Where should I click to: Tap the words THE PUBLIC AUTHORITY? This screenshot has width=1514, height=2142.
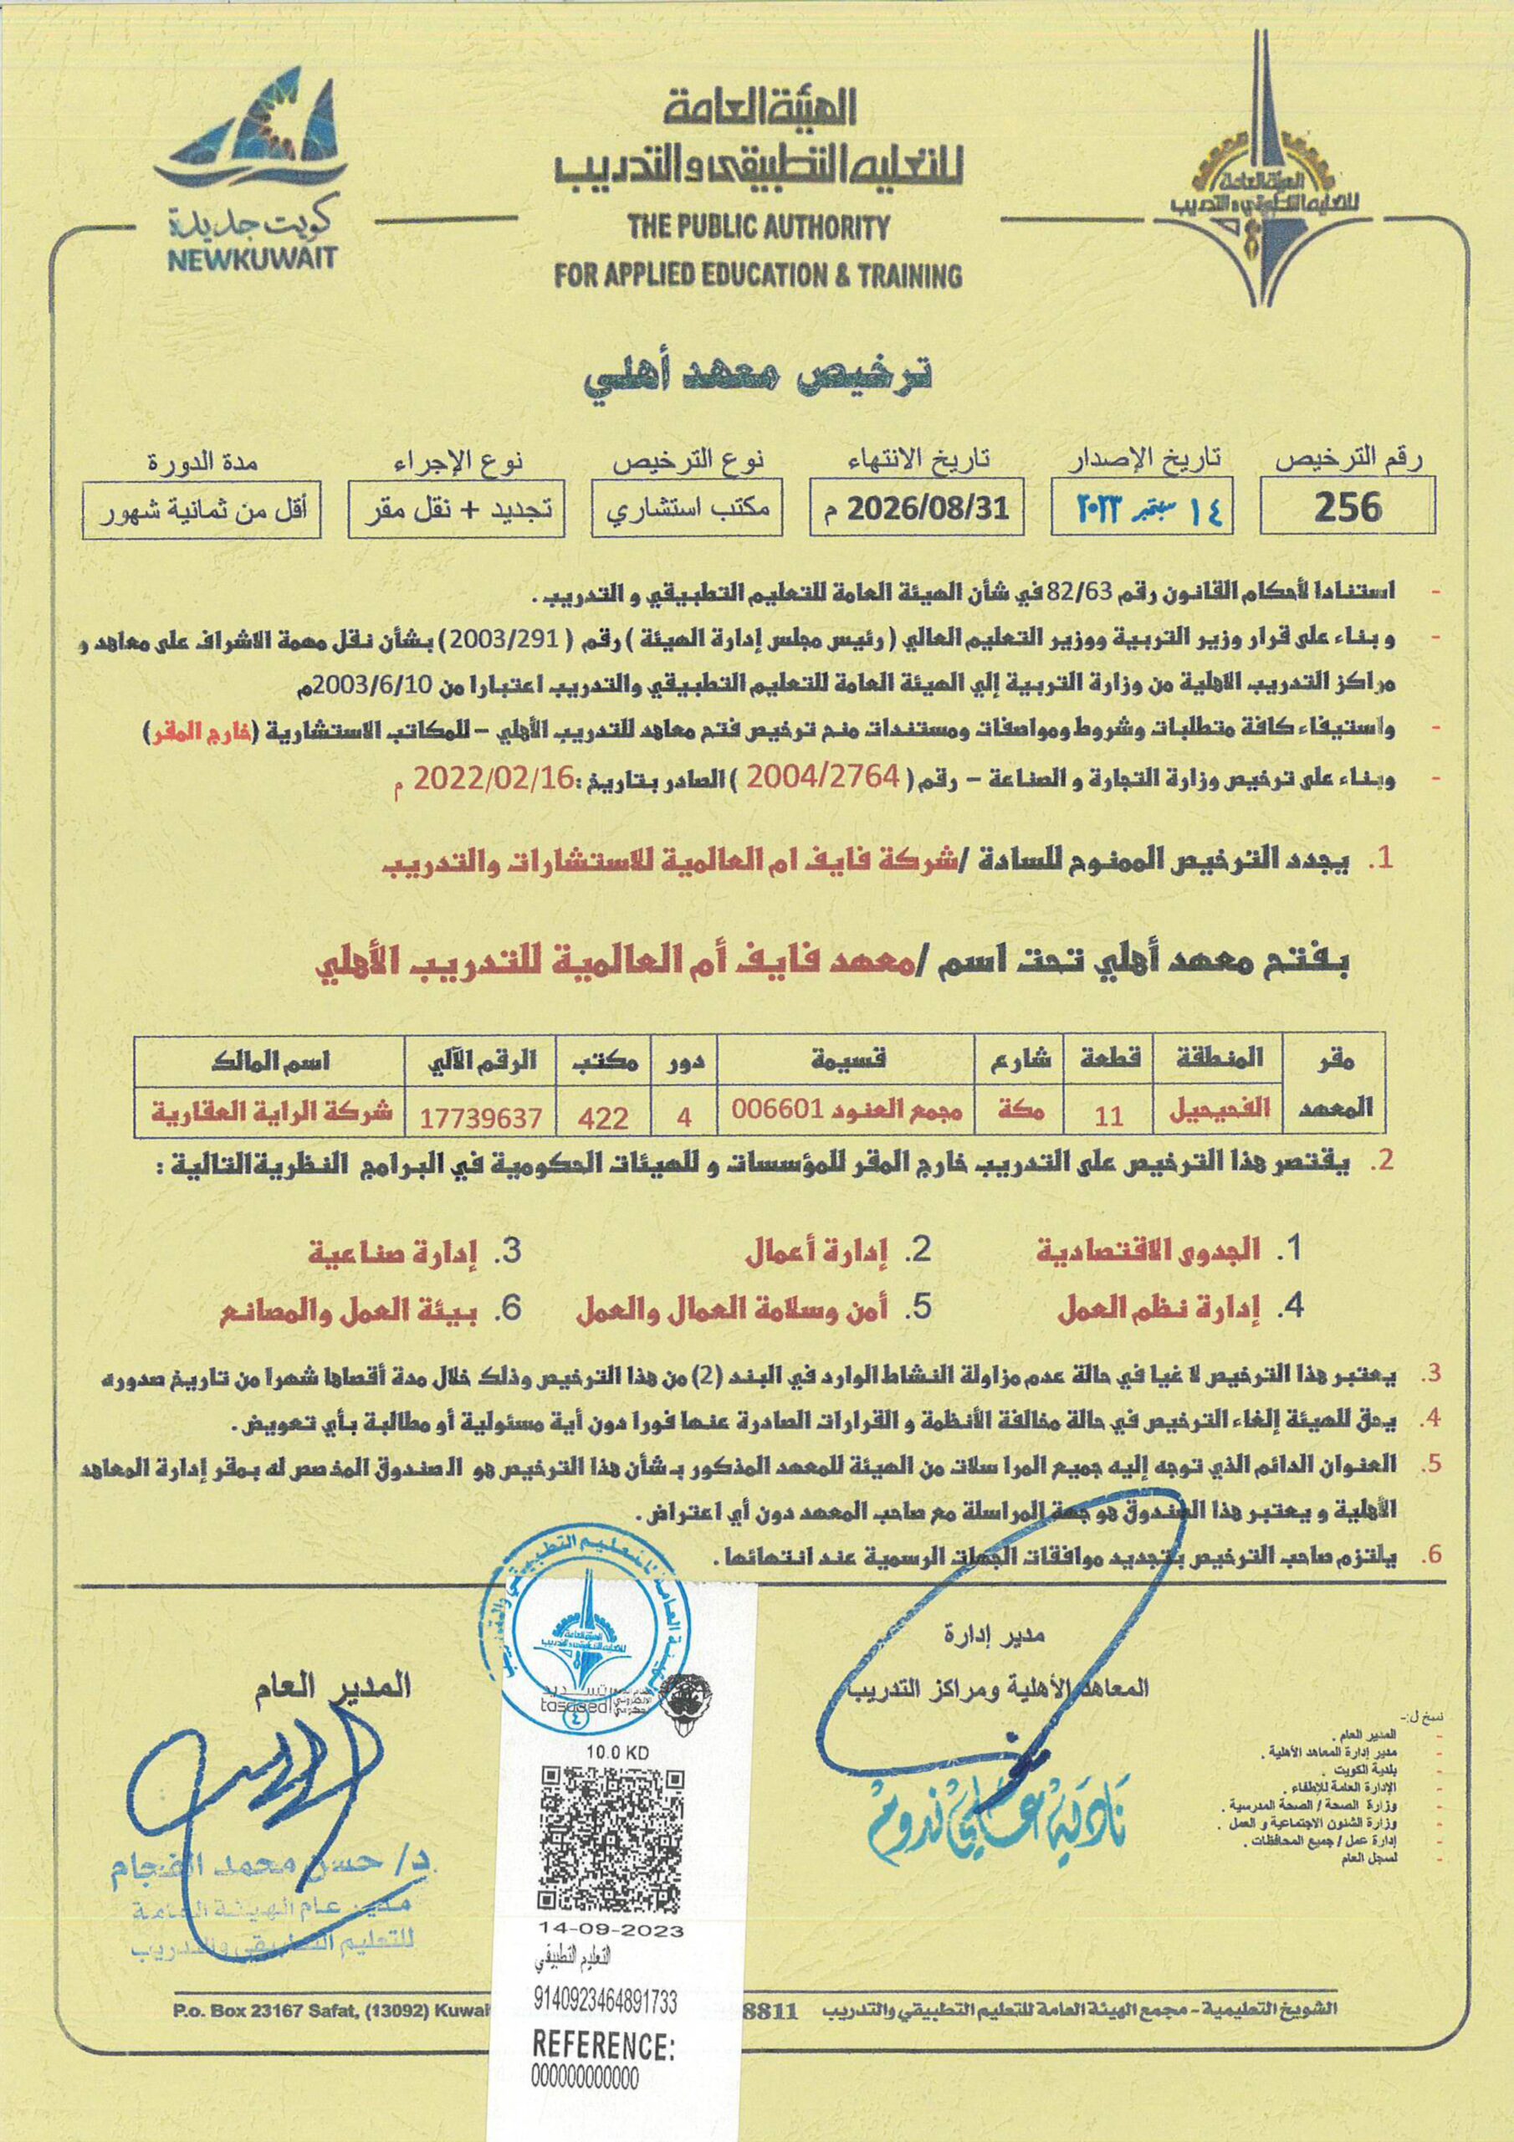coord(758,227)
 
